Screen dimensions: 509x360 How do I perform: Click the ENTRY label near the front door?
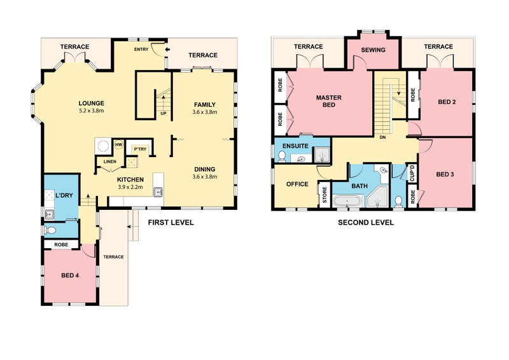point(141,50)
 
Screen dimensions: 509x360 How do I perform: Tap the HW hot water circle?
point(119,144)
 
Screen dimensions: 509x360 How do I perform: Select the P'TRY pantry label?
point(141,149)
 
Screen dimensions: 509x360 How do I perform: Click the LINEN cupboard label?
point(109,162)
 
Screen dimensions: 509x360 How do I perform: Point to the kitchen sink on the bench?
point(158,192)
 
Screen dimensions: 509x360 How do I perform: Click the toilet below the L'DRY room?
point(50,230)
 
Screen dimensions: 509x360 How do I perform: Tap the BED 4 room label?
point(70,275)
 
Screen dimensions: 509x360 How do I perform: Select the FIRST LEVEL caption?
point(171,223)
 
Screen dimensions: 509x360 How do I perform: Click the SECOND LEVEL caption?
point(366,223)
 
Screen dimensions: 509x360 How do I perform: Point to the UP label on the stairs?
point(164,114)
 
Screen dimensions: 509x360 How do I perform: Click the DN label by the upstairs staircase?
point(383,137)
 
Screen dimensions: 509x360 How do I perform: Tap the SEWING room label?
point(373,50)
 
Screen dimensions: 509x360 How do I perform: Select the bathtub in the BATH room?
point(347,201)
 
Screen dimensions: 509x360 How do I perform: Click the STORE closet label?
point(324,195)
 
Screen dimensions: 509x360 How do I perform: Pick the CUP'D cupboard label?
point(412,174)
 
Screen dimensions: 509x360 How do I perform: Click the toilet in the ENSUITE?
point(282,156)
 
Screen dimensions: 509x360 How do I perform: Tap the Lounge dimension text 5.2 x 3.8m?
point(91,111)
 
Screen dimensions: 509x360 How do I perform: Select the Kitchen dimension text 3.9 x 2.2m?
point(130,187)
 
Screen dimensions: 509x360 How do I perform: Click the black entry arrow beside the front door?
point(167,50)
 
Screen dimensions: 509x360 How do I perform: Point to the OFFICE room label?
point(297,184)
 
